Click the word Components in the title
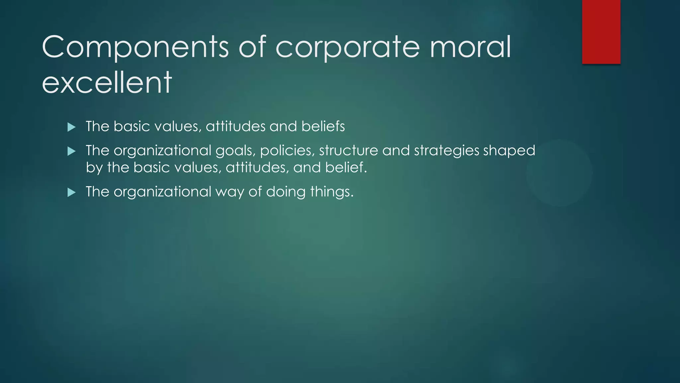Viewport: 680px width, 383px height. pos(135,47)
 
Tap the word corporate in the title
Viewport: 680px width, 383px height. pos(348,47)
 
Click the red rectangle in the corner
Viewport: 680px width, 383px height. pos(601,32)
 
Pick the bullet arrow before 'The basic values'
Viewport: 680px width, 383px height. pos(71,127)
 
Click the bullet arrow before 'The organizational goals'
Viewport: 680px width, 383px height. pos(71,152)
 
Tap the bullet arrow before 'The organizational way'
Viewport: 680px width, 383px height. pos(71,192)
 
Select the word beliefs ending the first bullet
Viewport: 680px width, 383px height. pos(323,126)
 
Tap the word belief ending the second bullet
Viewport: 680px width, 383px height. pos(346,167)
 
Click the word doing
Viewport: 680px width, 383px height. pos(286,192)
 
